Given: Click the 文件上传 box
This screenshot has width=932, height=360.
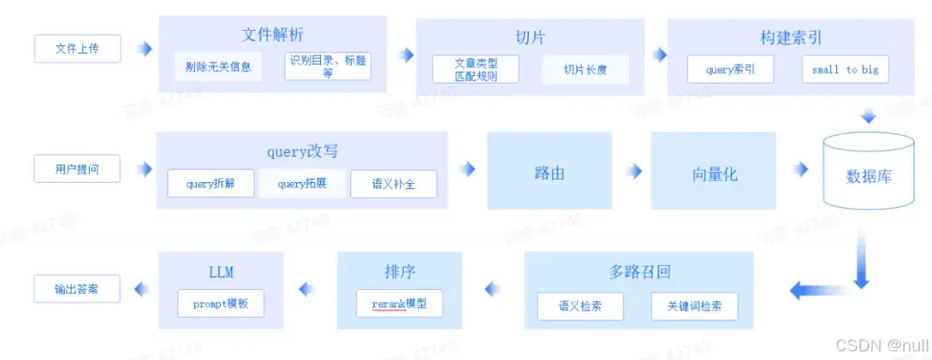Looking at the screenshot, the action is click(77, 48).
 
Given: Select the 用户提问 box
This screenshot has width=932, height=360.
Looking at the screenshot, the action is click(77, 169).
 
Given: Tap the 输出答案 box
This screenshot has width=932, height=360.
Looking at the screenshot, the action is click(77, 288).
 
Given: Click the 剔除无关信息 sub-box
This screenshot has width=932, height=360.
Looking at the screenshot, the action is click(218, 66).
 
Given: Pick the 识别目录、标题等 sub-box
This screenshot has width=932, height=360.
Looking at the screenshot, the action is click(328, 66).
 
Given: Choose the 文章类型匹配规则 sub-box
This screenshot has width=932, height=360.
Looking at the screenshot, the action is click(475, 69).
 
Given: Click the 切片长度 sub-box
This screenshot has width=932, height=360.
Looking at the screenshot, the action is click(585, 69).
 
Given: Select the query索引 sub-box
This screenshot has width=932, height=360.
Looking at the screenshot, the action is click(730, 69).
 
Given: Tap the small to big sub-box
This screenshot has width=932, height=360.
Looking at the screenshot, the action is click(845, 69).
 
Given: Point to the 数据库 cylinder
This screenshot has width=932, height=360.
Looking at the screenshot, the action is click(868, 176).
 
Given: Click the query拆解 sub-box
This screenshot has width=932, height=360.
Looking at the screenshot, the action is click(210, 184).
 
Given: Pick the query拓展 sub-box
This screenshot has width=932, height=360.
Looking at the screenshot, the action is click(301, 184).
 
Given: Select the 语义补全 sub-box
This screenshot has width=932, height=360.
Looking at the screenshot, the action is click(394, 184).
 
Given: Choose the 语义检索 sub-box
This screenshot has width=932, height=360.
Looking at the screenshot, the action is click(581, 306).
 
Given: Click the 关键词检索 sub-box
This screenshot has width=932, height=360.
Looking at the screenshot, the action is click(695, 306).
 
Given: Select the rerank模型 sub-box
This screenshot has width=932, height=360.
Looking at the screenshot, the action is click(400, 303).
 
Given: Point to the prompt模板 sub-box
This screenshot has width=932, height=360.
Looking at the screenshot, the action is click(221, 303).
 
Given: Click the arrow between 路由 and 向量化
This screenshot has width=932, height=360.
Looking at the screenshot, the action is click(633, 172).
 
